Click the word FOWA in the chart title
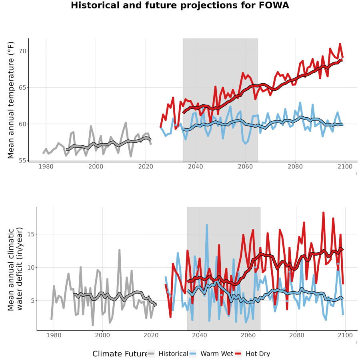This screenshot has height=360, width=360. (274, 5)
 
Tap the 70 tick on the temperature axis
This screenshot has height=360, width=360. (22, 51)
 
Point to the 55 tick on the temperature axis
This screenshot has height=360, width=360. (22, 160)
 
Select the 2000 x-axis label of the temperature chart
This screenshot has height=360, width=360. (96, 166)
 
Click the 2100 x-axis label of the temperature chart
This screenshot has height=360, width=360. (345, 166)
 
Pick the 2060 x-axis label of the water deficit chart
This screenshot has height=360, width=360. (248, 335)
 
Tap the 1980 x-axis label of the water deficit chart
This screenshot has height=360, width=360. (54, 335)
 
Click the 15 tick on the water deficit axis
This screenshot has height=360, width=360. (31, 234)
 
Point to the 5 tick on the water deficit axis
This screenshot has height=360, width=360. (33, 300)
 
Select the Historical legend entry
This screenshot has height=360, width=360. (168, 354)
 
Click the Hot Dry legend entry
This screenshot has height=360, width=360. (252, 354)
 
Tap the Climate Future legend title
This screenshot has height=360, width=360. (120, 354)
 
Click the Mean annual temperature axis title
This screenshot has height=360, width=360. (11, 100)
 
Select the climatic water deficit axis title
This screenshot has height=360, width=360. (15, 269)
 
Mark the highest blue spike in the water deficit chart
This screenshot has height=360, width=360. (207, 225)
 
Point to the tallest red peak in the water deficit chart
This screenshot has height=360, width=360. (324, 213)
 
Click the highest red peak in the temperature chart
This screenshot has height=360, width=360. (340, 44)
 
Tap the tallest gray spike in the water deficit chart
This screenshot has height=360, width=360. (119, 250)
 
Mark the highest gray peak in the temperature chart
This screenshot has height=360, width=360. (126, 123)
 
